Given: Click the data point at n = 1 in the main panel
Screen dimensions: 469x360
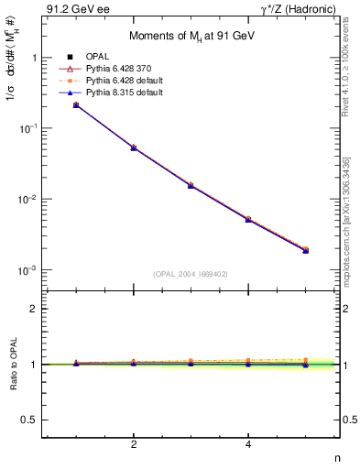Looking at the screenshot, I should click(76, 105).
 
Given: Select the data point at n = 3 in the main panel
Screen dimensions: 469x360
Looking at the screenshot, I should click(191, 185).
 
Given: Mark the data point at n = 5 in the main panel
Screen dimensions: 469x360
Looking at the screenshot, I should click(306, 250).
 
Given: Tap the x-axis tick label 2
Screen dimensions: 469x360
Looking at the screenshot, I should click(134, 445).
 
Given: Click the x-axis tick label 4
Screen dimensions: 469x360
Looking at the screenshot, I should click(248, 445).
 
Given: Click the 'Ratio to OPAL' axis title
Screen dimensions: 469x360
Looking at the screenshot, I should click(11, 364).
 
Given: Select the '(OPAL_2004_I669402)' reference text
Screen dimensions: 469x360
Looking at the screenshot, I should click(191, 273).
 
